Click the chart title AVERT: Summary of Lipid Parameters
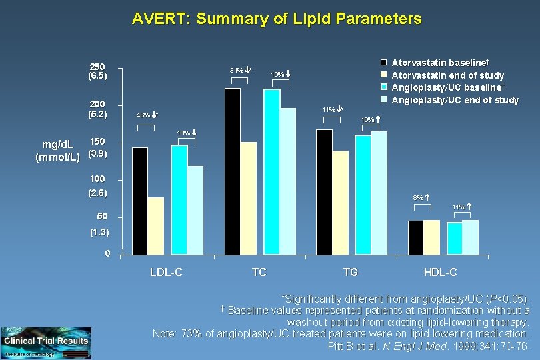click(277, 19)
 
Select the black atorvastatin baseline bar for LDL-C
click(140, 201)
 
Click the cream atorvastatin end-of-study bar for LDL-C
click(156, 226)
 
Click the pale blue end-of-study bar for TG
click(379, 193)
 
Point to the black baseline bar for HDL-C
click(415, 237)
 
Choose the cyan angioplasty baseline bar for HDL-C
click(454, 239)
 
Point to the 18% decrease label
click(186, 133)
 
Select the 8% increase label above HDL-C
click(421, 197)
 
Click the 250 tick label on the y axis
click(97, 67)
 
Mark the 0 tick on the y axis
click(107, 254)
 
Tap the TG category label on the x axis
click(350, 272)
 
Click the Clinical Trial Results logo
click(45, 341)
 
